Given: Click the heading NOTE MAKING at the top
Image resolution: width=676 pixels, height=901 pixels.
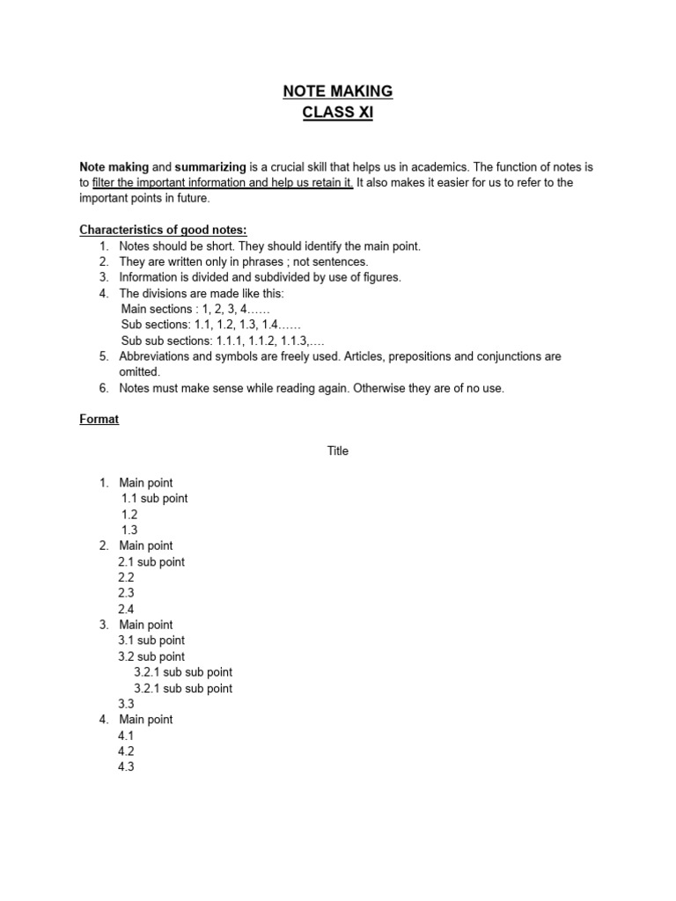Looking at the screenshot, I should click(337, 92).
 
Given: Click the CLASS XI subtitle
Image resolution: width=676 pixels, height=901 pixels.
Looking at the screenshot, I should click(337, 113).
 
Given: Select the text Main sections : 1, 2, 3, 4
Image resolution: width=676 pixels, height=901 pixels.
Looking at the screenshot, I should click(195, 309).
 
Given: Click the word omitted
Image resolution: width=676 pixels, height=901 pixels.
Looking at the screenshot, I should click(139, 372).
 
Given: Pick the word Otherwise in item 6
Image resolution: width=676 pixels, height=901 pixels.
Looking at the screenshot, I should click(380, 388).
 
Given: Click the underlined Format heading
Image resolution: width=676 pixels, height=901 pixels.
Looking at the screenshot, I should click(99, 420).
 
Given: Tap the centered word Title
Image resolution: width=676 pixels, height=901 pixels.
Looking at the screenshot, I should click(338, 451).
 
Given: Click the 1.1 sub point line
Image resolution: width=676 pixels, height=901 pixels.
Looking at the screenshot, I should click(154, 499).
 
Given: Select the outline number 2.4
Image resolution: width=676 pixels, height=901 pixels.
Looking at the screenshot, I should click(126, 609).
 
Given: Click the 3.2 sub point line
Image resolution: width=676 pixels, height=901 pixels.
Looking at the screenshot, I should click(151, 656).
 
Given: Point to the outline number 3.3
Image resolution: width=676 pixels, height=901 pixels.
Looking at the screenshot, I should click(126, 704).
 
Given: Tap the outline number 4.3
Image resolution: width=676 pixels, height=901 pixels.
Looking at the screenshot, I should click(126, 767).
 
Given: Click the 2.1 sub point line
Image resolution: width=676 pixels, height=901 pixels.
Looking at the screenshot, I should click(151, 562).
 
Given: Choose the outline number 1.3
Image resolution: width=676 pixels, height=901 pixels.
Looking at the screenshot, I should click(129, 531).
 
